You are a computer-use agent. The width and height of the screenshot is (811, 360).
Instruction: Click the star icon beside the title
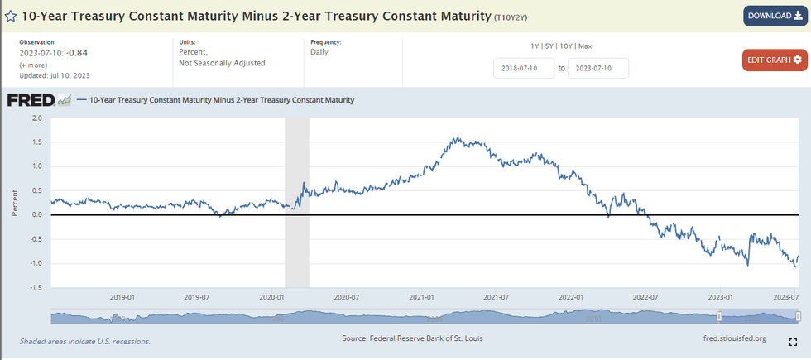pos(11,16)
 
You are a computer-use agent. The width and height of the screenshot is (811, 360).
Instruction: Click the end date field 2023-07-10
pos(597,68)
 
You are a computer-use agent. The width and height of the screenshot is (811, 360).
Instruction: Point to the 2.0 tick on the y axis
pos(36,118)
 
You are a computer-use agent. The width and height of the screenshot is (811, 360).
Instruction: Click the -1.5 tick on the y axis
pos(35,287)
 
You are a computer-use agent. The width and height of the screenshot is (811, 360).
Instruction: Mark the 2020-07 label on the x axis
pos(347,295)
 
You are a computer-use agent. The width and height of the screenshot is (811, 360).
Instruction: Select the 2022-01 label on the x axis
pos(572,295)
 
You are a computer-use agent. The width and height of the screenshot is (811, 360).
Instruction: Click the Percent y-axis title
pos(15,202)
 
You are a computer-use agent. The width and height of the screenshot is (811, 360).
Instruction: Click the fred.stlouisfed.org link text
pos(733,338)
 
